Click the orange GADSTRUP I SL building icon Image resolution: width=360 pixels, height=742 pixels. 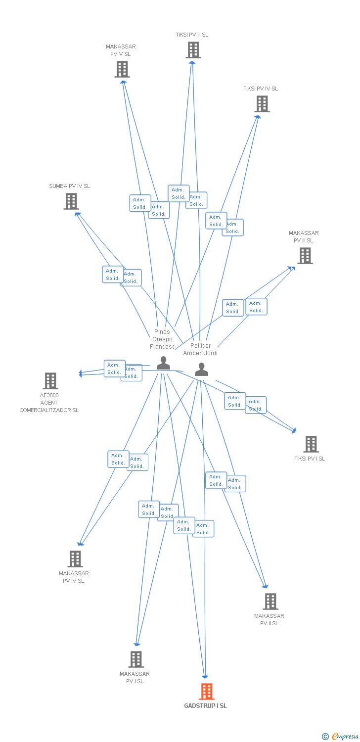pos(207,691)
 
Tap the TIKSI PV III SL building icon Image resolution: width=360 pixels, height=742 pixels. pos(193,50)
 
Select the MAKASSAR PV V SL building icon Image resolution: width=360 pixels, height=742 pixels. pos(122,69)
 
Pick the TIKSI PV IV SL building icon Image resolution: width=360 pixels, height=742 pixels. pos(262,104)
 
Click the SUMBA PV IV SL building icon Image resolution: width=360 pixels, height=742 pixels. pos(71,201)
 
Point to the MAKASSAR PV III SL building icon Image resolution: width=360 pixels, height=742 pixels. pos(305,256)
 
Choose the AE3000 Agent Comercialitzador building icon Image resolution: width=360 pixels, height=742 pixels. pos(50,381)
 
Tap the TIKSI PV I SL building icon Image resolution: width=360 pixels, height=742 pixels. pos(311,444)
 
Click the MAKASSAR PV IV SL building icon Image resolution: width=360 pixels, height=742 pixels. pos(75,559)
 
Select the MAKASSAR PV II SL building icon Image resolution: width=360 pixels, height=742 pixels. pos(270,602)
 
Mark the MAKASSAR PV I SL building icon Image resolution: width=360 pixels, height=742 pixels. pos(136,659)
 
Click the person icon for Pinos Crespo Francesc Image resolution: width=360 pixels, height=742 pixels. pos(163,363)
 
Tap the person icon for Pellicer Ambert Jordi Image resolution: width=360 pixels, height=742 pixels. pos(201,370)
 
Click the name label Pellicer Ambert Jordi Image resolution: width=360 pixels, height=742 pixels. pos(200,349)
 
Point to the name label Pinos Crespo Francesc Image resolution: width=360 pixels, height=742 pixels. pos(162,339)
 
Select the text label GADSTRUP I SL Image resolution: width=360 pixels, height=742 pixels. pos(206,706)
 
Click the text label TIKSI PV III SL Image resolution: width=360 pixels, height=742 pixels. pos(192,35)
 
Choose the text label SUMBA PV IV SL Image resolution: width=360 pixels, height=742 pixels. pos(69,186)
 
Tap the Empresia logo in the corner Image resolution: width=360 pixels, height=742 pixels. pos(340,736)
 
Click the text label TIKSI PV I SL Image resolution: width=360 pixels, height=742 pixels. pos(310,459)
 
